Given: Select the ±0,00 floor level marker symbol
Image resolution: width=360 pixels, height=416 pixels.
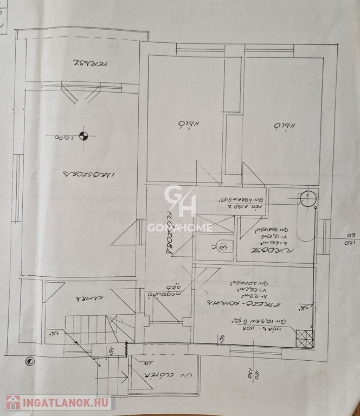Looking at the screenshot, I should (x=83, y=136).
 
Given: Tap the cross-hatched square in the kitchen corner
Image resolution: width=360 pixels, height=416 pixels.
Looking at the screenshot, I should (x=304, y=339).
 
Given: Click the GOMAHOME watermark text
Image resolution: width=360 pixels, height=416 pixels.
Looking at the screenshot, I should (x=180, y=227).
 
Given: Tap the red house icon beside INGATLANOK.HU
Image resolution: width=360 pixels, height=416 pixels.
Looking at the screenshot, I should (x=12, y=402).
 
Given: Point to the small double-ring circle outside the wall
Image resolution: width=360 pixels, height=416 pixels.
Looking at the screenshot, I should (x=30, y=360).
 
